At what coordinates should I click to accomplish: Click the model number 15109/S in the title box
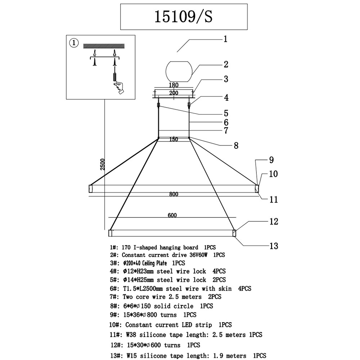tap(184, 17)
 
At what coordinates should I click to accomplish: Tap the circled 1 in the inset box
tap(74, 43)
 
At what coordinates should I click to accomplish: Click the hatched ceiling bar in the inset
tap(104, 46)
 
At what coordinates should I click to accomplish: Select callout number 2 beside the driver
tap(226, 64)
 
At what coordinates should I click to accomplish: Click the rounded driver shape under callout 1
tap(179, 71)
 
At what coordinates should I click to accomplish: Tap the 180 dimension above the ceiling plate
tap(174, 85)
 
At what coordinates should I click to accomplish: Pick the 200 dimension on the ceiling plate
tap(174, 93)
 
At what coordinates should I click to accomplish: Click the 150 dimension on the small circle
tap(174, 139)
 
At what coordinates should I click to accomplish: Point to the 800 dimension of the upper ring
tap(174, 194)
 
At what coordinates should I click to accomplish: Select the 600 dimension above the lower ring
tap(172, 215)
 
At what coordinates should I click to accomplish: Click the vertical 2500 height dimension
tap(102, 164)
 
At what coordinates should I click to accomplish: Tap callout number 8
tap(236, 145)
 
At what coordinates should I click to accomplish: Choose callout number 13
tap(274, 246)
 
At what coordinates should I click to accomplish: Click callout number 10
tap(273, 174)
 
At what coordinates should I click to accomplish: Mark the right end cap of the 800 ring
tap(257, 189)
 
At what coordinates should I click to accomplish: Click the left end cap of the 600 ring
tap(110, 233)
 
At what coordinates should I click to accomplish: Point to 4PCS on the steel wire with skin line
tap(245, 288)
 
